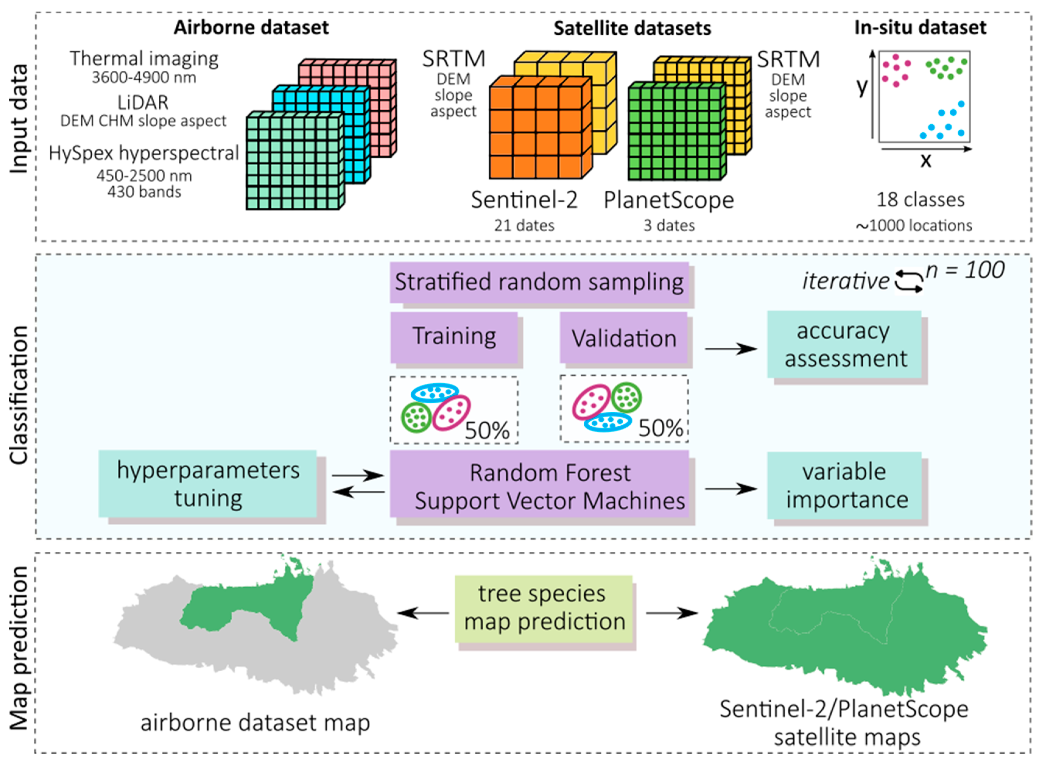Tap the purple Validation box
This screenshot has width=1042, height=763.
[x=624, y=338]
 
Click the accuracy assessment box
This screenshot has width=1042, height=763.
[x=844, y=345]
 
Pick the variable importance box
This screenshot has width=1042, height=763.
[x=844, y=486]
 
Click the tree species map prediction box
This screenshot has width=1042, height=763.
[x=543, y=608]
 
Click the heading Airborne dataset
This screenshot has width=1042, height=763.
[x=251, y=28]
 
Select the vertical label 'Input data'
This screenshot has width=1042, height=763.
[x=19, y=119]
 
